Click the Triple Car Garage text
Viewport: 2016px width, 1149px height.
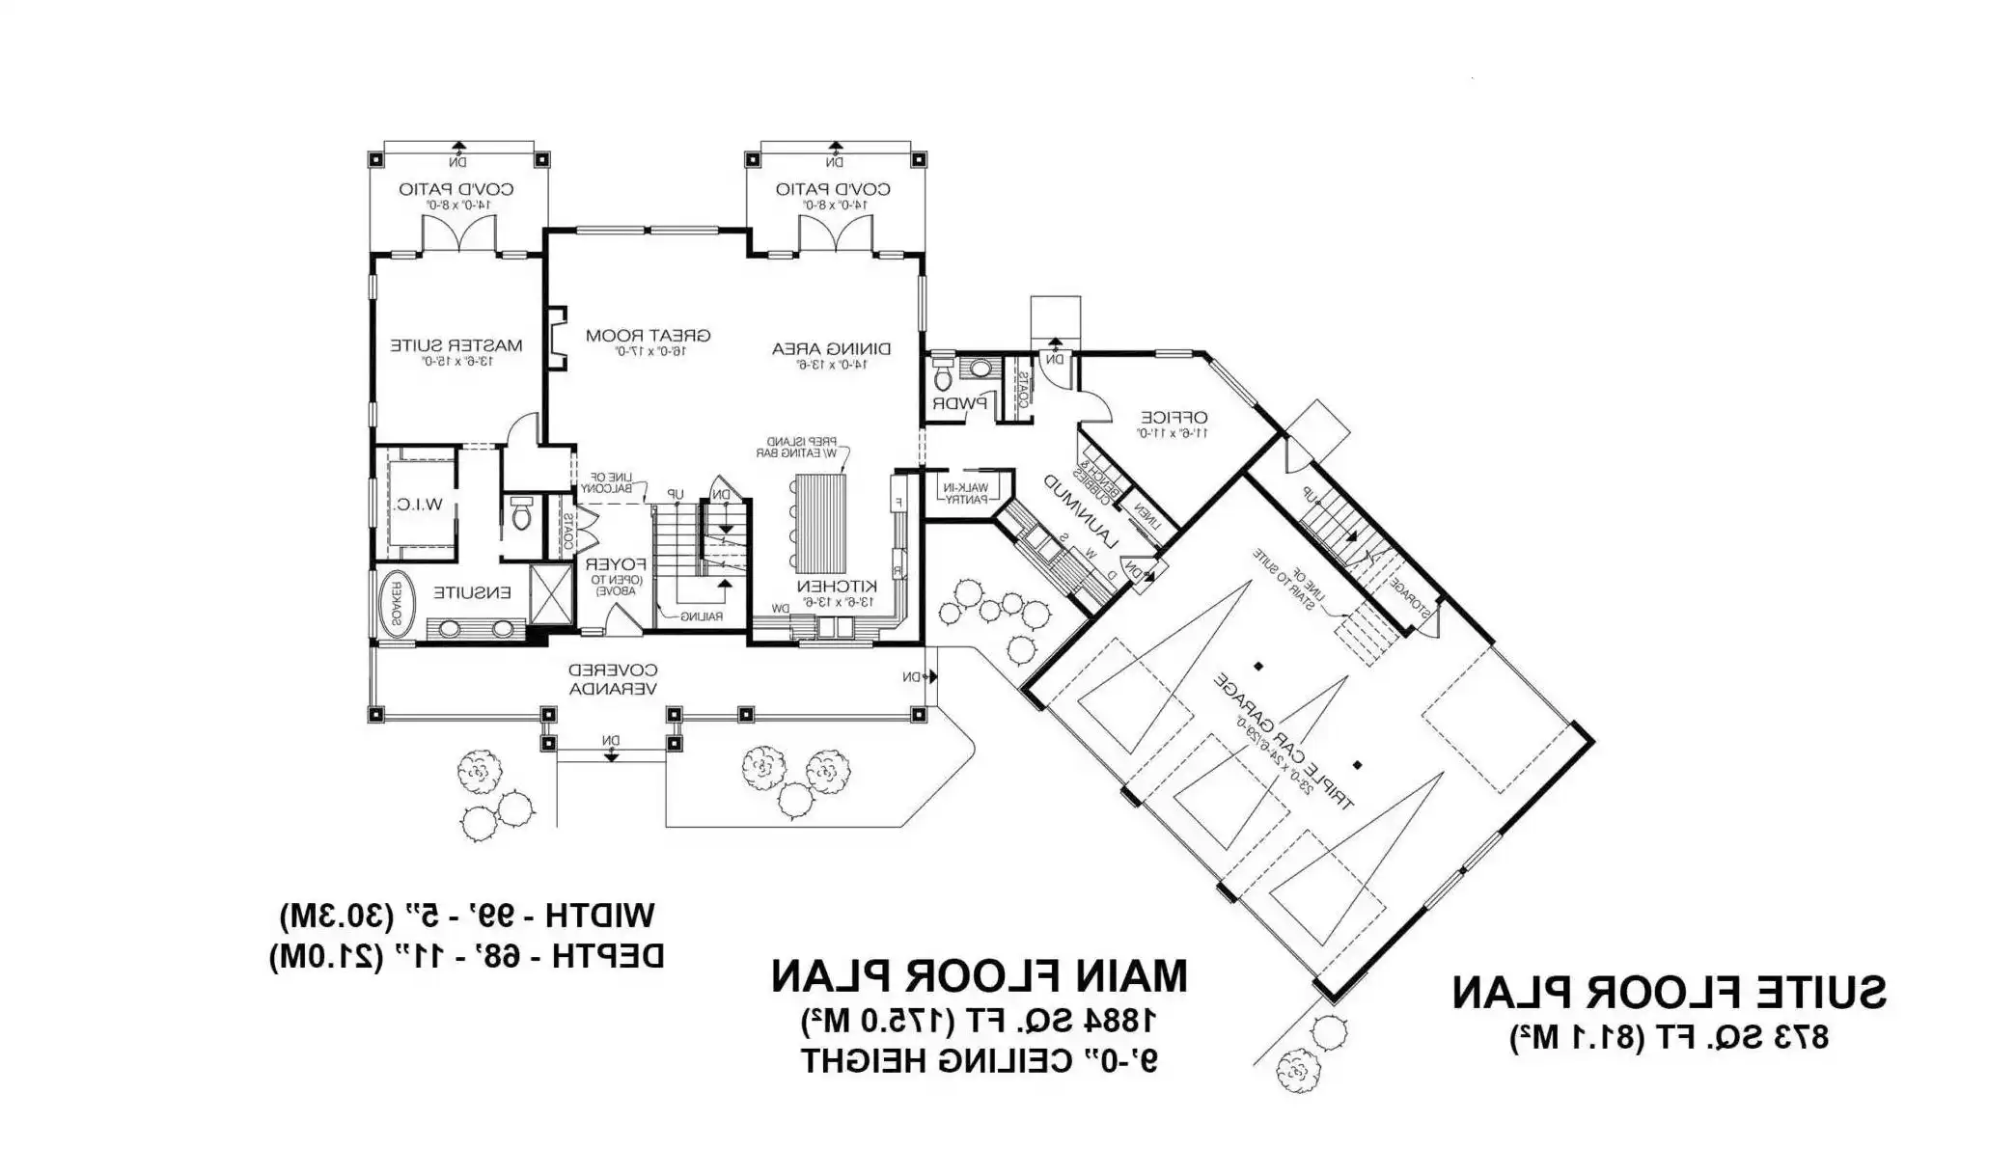[x=1284, y=742]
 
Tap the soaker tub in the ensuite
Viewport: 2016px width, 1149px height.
[x=394, y=605]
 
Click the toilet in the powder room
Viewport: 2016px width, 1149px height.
[x=943, y=376]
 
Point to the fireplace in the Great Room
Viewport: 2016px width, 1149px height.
[x=557, y=339]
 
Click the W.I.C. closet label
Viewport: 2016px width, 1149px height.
[x=419, y=505]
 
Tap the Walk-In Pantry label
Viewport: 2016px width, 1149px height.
[x=966, y=493]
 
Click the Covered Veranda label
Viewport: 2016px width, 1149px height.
[x=613, y=679]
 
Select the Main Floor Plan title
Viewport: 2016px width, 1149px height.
[x=979, y=976]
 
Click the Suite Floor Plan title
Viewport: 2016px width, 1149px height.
[x=1669, y=993]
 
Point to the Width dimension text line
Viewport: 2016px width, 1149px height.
[x=467, y=915]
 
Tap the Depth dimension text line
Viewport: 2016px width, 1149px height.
[x=467, y=956]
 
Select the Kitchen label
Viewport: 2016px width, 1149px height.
[x=836, y=587]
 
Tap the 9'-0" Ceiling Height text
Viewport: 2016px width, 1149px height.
[x=979, y=1061]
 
